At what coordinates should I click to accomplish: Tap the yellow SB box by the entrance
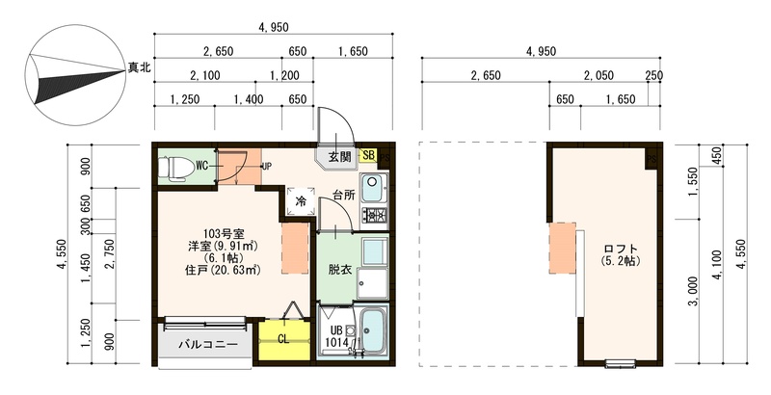[x=368, y=155]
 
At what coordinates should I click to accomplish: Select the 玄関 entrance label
[x=340, y=157]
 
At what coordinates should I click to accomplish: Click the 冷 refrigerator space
[x=301, y=200]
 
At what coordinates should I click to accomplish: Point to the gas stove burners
[x=375, y=216]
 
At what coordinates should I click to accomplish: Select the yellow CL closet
[x=283, y=340]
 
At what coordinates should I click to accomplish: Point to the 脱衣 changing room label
[x=340, y=270]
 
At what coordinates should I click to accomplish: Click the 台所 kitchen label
[x=344, y=195]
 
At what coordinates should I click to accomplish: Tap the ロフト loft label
[x=620, y=250]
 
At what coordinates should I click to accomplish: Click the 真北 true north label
[x=139, y=67]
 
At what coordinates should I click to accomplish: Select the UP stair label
[x=267, y=166]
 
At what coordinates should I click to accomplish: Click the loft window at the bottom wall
[x=621, y=364]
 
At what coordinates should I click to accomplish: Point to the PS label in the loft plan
[x=652, y=159]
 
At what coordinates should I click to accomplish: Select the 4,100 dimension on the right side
[x=717, y=265]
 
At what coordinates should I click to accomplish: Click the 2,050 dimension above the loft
[x=598, y=75]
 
